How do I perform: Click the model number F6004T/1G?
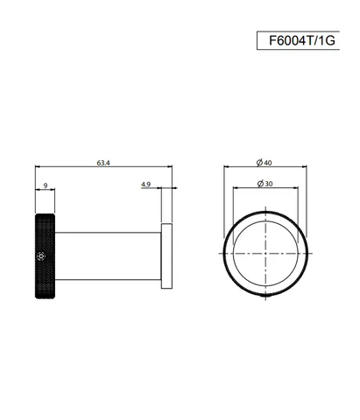(302, 40)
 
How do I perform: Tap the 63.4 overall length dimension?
(103, 163)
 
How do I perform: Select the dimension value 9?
(46, 185)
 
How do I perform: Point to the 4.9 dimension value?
(145, 185)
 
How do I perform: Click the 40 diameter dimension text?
(268, 163)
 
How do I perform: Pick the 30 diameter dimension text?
(269, 184)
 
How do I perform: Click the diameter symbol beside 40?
(259, 162)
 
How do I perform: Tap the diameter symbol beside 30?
(261, 184)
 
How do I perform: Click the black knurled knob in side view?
(45, 256)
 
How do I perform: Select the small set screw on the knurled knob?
(41, 256)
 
